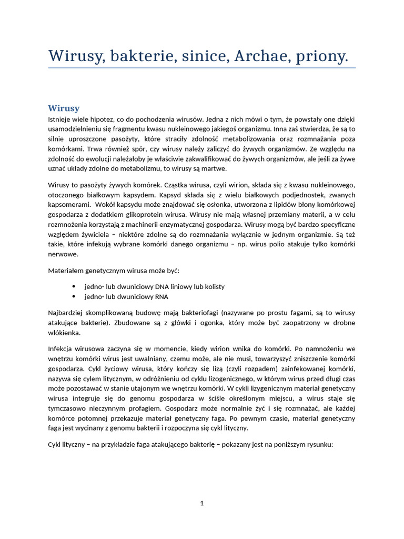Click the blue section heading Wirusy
click(64, 108)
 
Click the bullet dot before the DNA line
click(73, 286)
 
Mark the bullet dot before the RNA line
click(73, 296)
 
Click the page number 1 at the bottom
click(202, 503)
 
